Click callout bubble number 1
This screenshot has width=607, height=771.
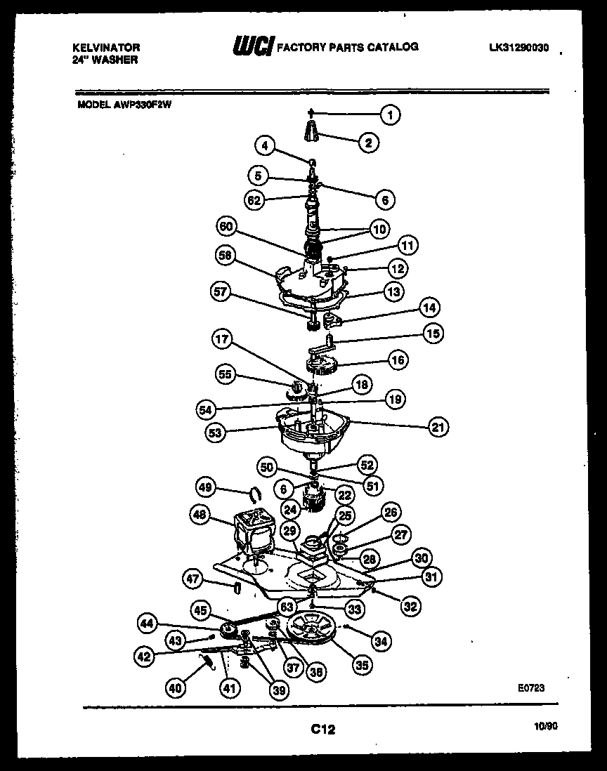pos(391,113)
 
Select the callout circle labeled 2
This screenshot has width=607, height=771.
pos(367,143)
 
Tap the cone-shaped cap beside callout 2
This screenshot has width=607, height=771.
pos(313,131)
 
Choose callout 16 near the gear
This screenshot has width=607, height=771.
pos(398,361)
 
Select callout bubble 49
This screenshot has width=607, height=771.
pos(205,487)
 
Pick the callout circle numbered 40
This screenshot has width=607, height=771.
pos(177,689)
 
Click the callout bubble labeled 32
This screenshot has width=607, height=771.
pos(412,606)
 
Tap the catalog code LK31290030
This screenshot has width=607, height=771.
pos(518,48)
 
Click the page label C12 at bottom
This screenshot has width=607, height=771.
pos(322,730)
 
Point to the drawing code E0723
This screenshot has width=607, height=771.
pos(531,689)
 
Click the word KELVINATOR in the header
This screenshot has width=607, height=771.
pos(107,48)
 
